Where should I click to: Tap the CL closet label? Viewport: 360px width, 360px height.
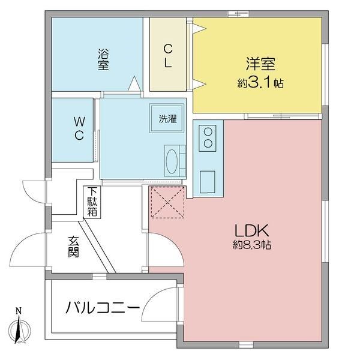(x=170, y=55)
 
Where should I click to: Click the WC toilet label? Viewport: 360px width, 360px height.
(x=79, y=128)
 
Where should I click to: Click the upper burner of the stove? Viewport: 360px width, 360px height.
(x=209, y=131)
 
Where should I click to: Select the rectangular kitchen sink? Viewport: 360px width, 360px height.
(x=208, y=181)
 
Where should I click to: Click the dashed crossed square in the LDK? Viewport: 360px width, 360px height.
(x=166, y=203)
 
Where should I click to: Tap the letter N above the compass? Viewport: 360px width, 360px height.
(x=19, y=311)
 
